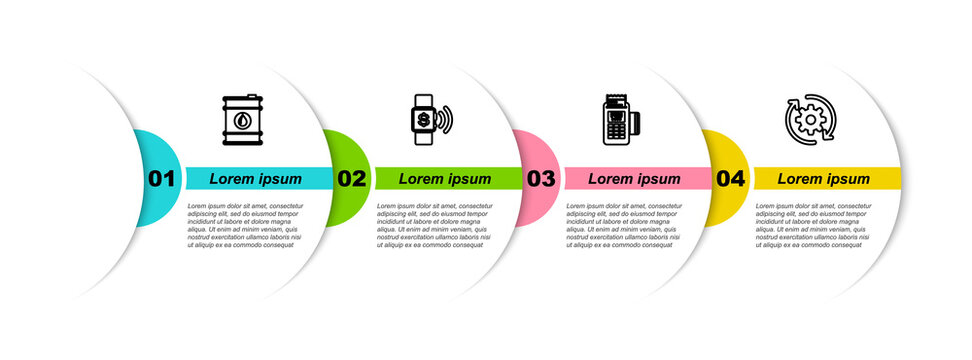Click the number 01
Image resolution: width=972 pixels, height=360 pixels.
pos(161,179)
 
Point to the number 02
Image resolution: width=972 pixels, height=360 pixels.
pos(351,179)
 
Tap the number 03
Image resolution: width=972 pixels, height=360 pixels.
pos(541,179)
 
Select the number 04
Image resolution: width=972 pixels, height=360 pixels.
pos(731,179)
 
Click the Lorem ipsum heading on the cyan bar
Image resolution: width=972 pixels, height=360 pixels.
pos(255,179)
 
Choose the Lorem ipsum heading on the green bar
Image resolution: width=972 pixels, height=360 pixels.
pos(445,179)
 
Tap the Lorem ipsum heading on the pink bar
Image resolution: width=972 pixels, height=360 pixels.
pos(634,179)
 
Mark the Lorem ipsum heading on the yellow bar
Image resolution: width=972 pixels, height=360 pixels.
pos(824,179)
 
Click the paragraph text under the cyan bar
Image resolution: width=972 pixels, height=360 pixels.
pos(246,225)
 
